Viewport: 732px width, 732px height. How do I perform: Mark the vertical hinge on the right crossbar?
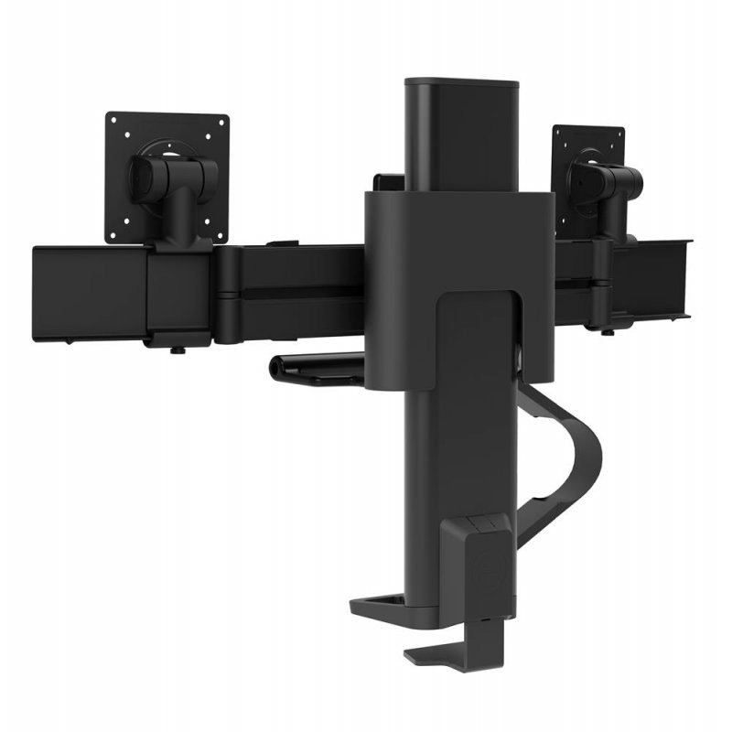600,274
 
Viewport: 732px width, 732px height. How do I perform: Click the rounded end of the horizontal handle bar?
275,367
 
